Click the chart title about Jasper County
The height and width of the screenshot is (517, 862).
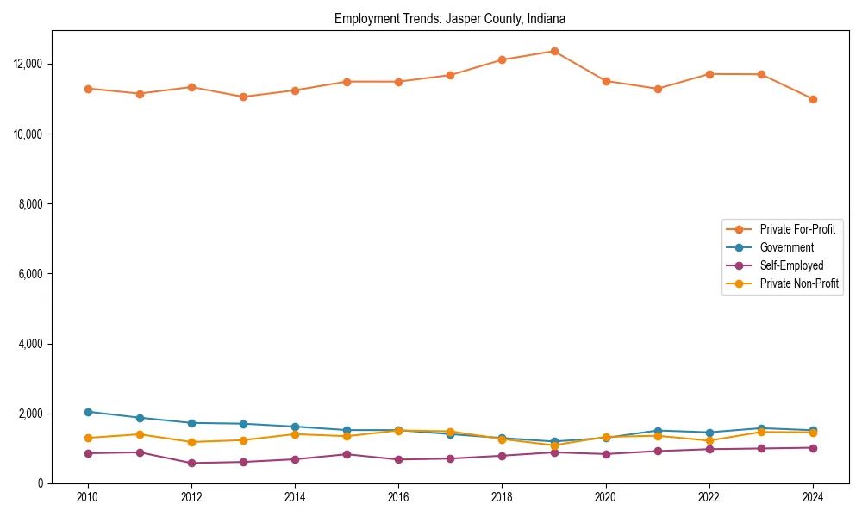tap(450, 18)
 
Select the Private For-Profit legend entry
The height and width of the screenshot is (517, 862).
tap(797, 229)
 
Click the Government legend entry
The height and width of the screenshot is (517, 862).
tap(786, 247)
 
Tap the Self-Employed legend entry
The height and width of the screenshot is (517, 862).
tap(791, 265)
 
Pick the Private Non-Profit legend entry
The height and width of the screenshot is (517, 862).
tap(799, 283)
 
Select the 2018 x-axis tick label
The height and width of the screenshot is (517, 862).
tap(502, 497)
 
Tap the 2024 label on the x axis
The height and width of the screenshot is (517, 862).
tap(813, 497)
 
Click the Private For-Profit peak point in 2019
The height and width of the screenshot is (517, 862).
tap(554, 51)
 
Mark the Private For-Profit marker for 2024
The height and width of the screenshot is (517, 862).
tap(813, 99)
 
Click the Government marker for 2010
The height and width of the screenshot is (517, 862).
tap(88, 412)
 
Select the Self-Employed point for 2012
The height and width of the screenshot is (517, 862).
tap(191, 463)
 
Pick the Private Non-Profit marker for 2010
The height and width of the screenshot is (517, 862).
tap(88, 438)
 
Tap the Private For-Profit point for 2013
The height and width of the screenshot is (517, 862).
tap(243, 97)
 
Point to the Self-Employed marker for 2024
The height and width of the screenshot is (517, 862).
tap(813, 447)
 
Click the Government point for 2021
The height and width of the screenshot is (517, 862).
tap(658, 431)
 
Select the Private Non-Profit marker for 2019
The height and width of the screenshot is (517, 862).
tap(554, 445)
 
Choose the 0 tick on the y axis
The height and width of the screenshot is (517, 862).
tap(40, 483)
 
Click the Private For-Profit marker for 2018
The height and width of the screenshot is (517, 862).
tap(502, 59)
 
